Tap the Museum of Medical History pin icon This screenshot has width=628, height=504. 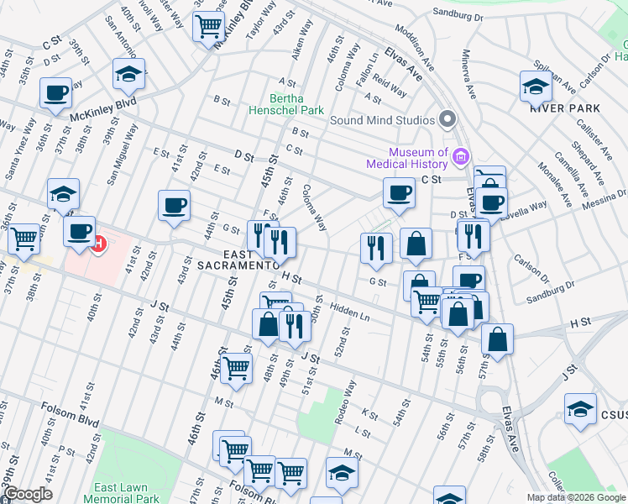pos(460,156)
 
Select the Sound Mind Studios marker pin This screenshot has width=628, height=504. pos(447,118)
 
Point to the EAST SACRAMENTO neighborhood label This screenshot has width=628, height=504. pos(238,259)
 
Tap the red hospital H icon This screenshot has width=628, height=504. pos(99,244)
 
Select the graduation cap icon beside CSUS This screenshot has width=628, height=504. pos(580,409)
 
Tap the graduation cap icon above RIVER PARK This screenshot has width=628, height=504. pos(536,86)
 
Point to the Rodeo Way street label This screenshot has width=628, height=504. pos(345,398)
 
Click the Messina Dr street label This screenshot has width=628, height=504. pos(601,199)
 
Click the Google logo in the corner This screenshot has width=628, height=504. pos(27,494)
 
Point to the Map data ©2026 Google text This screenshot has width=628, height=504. pos(576,497)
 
